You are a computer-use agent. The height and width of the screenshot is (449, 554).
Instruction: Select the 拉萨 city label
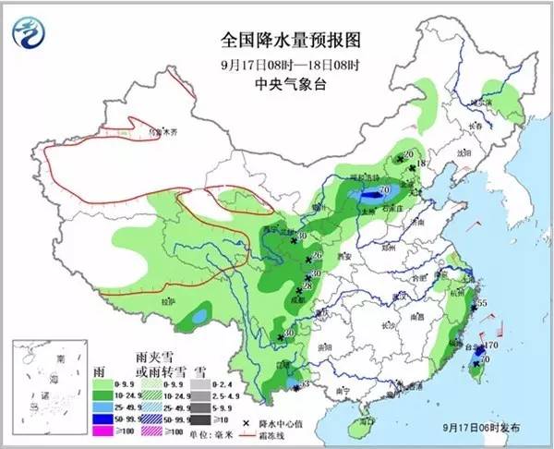click(167, 302)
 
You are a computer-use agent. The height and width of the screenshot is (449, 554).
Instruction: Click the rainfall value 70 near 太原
click(381, 190)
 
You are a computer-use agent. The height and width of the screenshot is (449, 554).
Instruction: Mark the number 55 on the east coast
click(480, 305)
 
